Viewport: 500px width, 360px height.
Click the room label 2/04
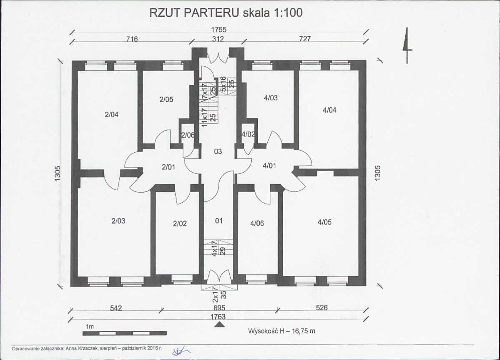[x=111, y=114]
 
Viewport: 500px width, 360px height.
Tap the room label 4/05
[x=324, y=222]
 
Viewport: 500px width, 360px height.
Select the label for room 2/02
[x=180, y=224]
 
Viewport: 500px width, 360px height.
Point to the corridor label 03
[x=218, y=151]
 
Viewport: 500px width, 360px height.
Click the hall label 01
[x=219, y=221]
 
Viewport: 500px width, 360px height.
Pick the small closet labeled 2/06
[x=188, y=135]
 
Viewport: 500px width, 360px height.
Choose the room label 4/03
[x=271, y=98]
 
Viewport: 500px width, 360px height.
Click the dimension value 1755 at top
[x=219, y=30]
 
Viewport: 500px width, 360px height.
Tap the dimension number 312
[x=218, y=39]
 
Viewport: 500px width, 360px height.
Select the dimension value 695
[x=219, y=308]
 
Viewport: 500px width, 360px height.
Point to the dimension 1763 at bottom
[x=218, y=317]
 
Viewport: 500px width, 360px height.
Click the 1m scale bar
[x=124, y=334]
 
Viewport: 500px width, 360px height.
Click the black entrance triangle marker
[x=219, y=325]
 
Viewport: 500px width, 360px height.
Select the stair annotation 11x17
[x=204, y=117]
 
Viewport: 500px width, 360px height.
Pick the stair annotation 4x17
[x=215, y=249]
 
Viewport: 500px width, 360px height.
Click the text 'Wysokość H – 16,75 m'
[x=281, y=331]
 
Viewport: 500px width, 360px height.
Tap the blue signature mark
[x=181, y=351]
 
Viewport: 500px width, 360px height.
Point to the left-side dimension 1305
[x=58, y=174]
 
